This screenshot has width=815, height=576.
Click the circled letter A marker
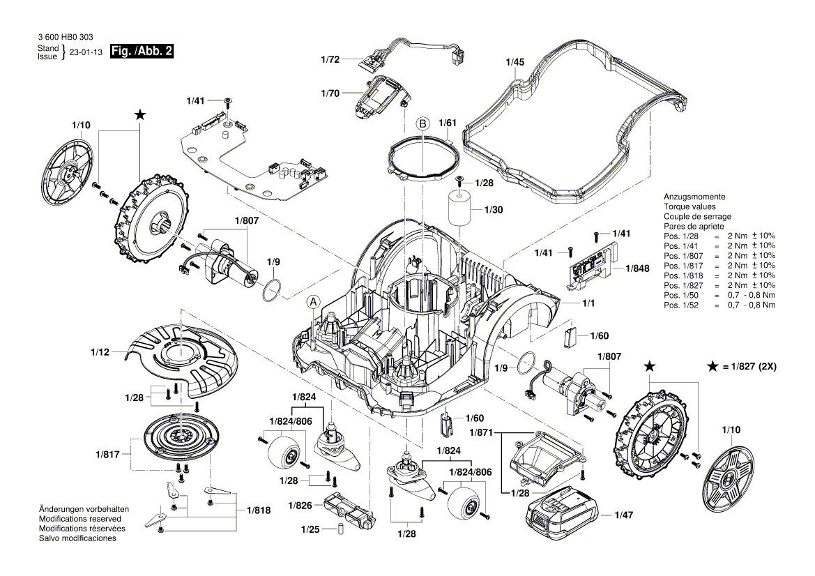click(313, 302)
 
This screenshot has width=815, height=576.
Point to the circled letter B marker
click(422, 123)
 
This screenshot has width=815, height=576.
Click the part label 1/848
click(637, 268)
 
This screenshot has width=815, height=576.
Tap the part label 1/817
click(107, 454)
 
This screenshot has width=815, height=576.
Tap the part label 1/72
click(330, 61)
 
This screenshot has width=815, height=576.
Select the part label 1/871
click(480, 433)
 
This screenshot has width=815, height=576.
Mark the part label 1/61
click(447, 123)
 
